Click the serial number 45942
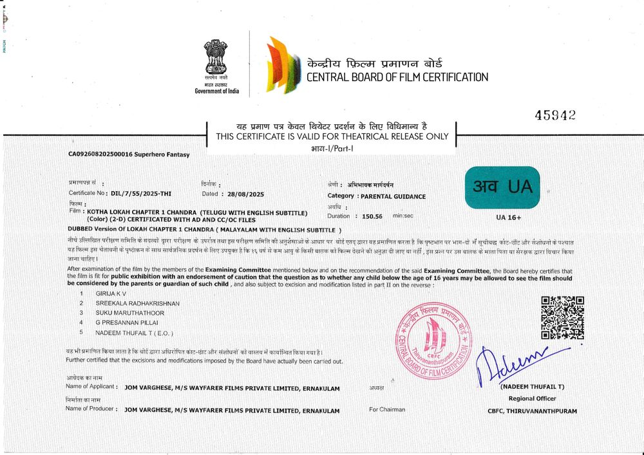pos(554,115)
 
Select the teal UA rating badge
pos(502,187)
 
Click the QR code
pos(562,317)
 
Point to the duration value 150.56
pos(372,217)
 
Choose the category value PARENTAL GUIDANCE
pos(393,196)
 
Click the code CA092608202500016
pos(100,154)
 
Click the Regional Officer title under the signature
pos(531,398)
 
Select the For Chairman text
pos(387,409)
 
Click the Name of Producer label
pos(91,409)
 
